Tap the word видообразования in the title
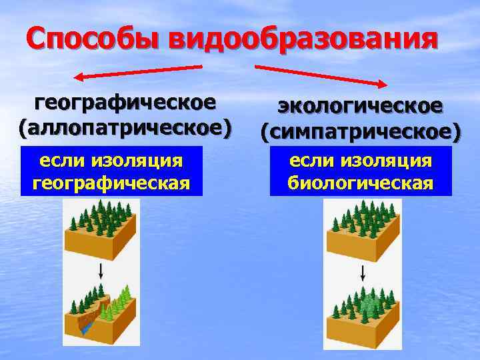(x=304, y=38)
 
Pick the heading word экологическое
(x=360, y=106)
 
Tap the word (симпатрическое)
(x=360, y=131)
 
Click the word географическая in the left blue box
(x=111, y=183)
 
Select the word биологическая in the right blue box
(x=361, y=183)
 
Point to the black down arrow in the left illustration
(x=100, y=270)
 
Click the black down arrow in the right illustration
(x=362, y=273)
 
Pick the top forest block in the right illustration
(x=363, y=233)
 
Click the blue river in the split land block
(x=85, y=327)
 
